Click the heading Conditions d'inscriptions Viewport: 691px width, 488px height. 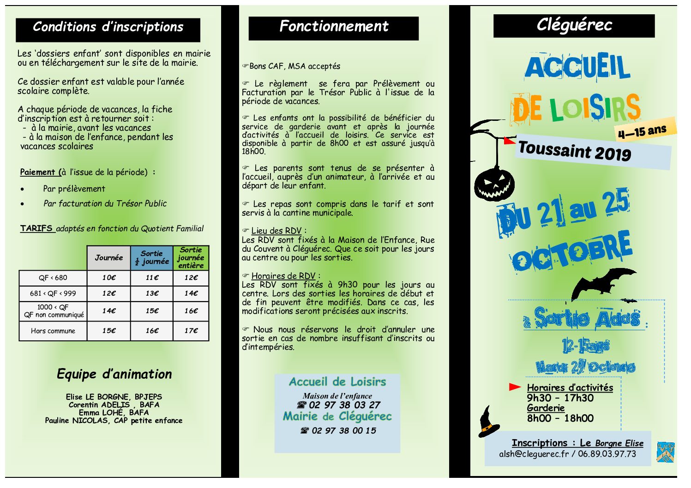(108, 27)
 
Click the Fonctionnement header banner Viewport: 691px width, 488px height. (334, 27)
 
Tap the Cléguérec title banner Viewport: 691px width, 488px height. (574, 25)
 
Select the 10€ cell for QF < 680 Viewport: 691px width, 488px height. (109, 278)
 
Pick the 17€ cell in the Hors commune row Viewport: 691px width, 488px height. (191, 331)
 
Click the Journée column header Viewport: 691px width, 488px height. (109, 258)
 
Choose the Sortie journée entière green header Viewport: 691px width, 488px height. (191, 258)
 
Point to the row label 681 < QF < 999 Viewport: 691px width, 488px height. (53, 293)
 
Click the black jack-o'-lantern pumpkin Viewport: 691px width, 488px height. (494, 184)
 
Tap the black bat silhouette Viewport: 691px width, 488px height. (600, 282)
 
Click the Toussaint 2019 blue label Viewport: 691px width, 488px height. (575, 151)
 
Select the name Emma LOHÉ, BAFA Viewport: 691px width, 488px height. (114, 412)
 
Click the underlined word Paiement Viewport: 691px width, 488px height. (37, 172)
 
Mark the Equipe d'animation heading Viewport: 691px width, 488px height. (114, 374)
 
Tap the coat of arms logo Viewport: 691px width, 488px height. (666, 452)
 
